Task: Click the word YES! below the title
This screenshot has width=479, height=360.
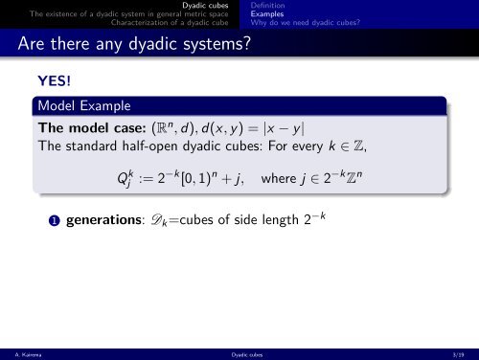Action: click(55, 80)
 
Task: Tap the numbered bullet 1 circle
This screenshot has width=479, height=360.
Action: click(55, 221)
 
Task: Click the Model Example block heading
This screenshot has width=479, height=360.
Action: click(84, 106)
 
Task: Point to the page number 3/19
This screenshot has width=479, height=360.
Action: click(458, 354)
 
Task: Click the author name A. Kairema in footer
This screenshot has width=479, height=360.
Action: click(28, 354)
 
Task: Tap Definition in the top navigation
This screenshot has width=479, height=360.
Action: click(267, 6)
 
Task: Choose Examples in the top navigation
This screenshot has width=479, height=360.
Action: click(267, 14)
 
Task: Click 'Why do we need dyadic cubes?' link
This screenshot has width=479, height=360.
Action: click(306, 23)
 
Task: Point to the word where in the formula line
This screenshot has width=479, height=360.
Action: click(279, 178)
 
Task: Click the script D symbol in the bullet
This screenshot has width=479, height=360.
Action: click(157, 219)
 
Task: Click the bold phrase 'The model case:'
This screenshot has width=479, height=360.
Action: click(92, 128)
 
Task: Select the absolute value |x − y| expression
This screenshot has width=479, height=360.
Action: click(284, 128)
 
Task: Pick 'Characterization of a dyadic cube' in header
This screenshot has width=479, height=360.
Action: click(170, 23)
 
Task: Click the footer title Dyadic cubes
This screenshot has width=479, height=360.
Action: click(247, 354)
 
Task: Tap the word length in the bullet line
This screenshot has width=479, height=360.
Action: click(280, 220)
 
